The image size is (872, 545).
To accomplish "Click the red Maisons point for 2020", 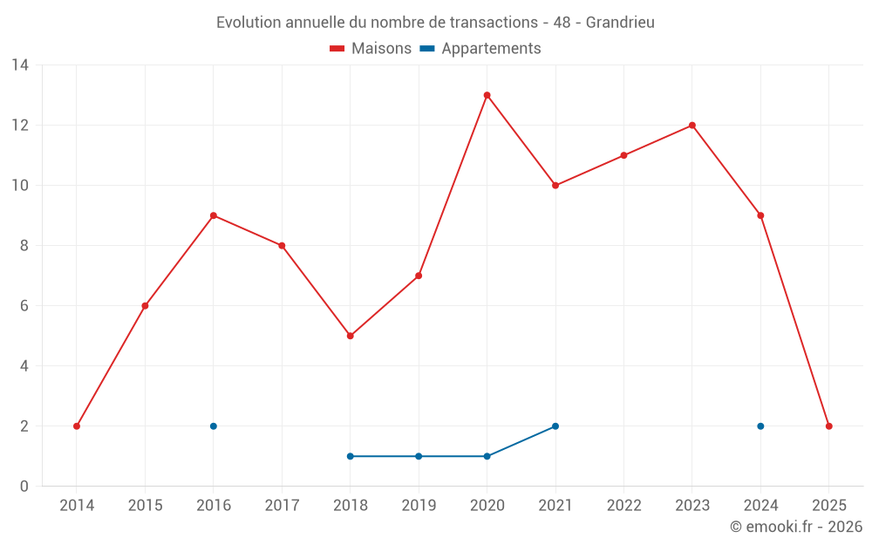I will click(487, 95).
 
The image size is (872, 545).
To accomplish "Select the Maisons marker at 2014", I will click(77, 426).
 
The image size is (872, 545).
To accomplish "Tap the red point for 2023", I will click(692, 126).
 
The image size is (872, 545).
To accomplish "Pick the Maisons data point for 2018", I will click(351, 336).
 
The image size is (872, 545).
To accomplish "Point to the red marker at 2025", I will click(828, 426).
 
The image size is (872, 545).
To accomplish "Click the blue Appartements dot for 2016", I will click(214, 426).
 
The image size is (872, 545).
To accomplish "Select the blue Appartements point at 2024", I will click(760, 426).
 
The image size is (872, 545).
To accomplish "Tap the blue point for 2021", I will click(555, 426).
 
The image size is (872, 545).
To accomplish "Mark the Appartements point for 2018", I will click(351, 456).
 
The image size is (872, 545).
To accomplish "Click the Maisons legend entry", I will click(371, 49).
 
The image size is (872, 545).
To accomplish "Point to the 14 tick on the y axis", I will click(20, 65).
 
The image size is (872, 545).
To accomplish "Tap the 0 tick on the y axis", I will click(24, 487).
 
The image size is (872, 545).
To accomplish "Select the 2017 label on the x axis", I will click(282, 506).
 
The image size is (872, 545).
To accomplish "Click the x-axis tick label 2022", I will click(623, 506).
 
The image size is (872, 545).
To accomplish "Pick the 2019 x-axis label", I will click(419, 506).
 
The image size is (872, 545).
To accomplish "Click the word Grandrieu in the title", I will click(620, 23).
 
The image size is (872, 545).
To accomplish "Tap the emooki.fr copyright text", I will click(796, 527).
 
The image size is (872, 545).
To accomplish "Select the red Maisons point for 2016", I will click(214, 215).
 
